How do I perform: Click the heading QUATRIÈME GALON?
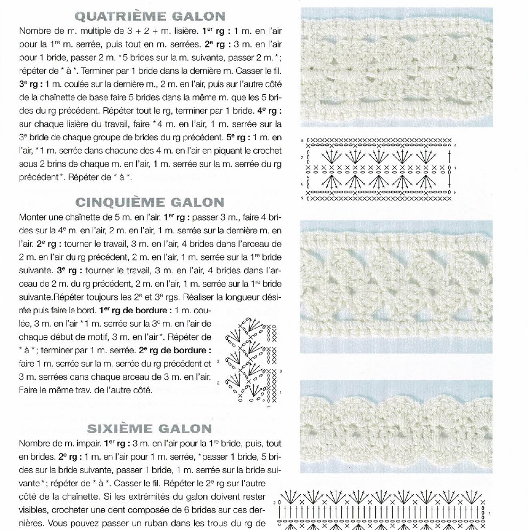coord(151,16)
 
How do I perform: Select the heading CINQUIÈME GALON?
coord(150,202)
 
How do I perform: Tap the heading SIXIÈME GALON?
coord(150,428)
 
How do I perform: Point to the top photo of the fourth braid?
coord(397,67)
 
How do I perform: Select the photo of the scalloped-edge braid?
coord(397,426)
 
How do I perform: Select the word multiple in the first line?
coord(99,31)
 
